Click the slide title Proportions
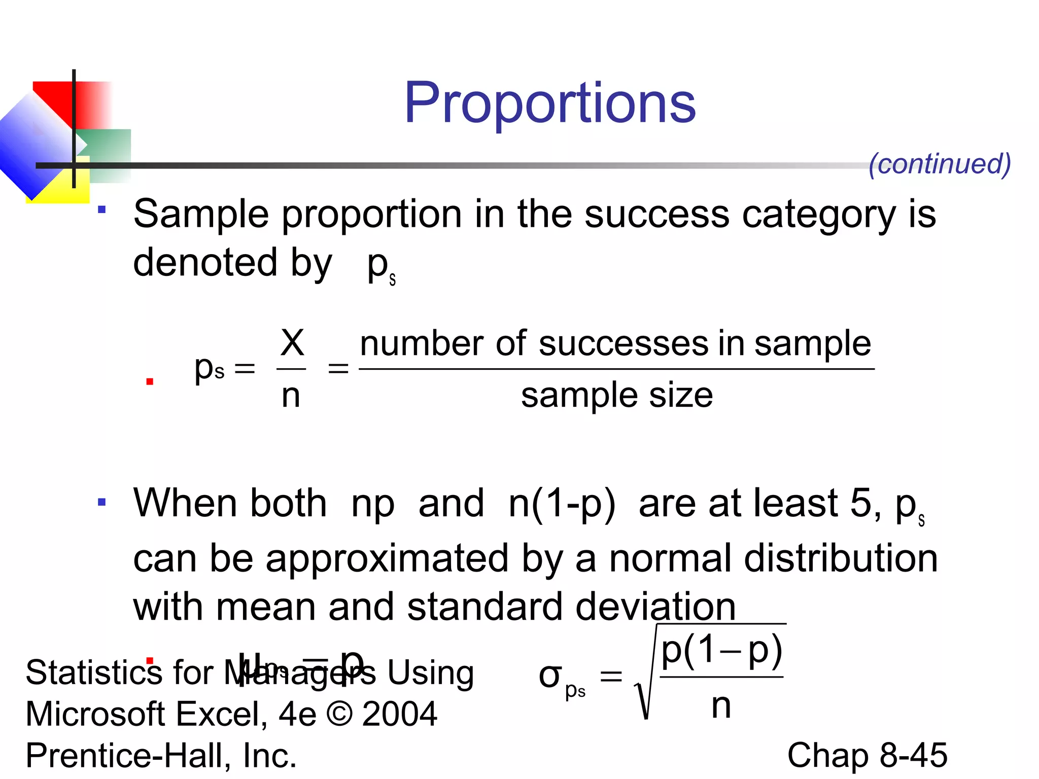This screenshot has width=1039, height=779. tap(550, 103)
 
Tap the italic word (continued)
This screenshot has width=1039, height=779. tap(940, 164)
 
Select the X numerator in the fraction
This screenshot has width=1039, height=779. tap(292, 343)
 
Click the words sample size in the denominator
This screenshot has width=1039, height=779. tap(616, 396)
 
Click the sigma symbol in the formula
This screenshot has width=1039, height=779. tap(550, 676)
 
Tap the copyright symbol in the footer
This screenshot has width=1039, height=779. tap(339, 714)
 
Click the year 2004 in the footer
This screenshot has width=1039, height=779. tap(400, 714)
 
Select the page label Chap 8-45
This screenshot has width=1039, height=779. tap(867, 755)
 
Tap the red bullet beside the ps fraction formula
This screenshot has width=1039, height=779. tap(150, 381)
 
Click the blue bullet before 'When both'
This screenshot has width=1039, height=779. tap(102, 503)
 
